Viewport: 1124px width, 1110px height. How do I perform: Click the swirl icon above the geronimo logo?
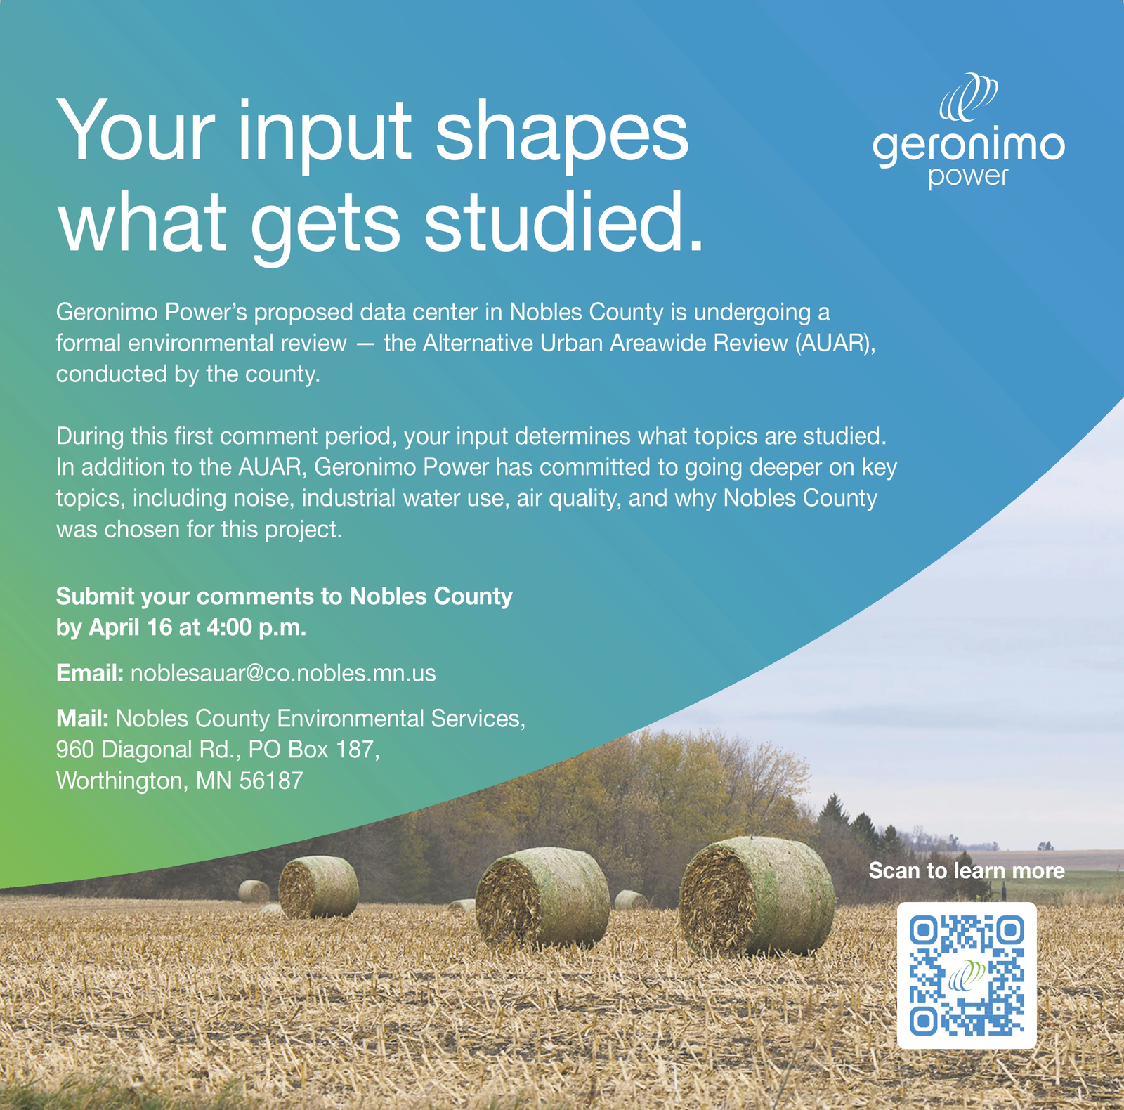tap(969, 97)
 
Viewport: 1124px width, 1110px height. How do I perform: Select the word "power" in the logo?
tap(967, 176)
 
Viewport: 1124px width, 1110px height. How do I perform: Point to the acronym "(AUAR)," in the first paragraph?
tap(835, 343)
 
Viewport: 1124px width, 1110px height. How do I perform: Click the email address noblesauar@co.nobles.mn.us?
tap(283, 673)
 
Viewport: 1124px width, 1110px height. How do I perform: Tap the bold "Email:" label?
tap(90, 673)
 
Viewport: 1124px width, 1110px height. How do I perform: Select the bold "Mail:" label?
tap(82, 718)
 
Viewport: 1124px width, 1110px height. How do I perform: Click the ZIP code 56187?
tap(271, 781)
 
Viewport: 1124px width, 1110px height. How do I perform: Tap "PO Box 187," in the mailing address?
tap(314, 750)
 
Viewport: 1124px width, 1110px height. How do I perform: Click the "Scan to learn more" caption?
tap(966, 870)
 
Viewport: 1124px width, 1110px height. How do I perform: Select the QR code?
tap(967, 975)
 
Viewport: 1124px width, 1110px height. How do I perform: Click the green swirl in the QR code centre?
tap(967, 975)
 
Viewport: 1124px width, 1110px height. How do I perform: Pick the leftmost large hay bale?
tap(318, 887)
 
